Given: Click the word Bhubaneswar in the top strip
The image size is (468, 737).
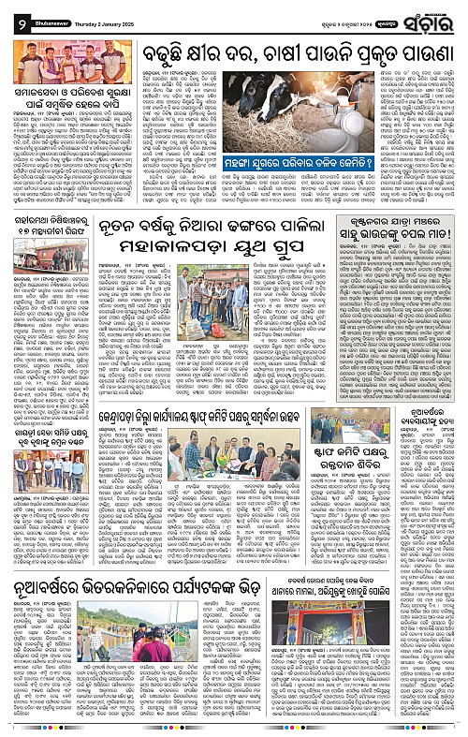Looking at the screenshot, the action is [40, 12].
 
